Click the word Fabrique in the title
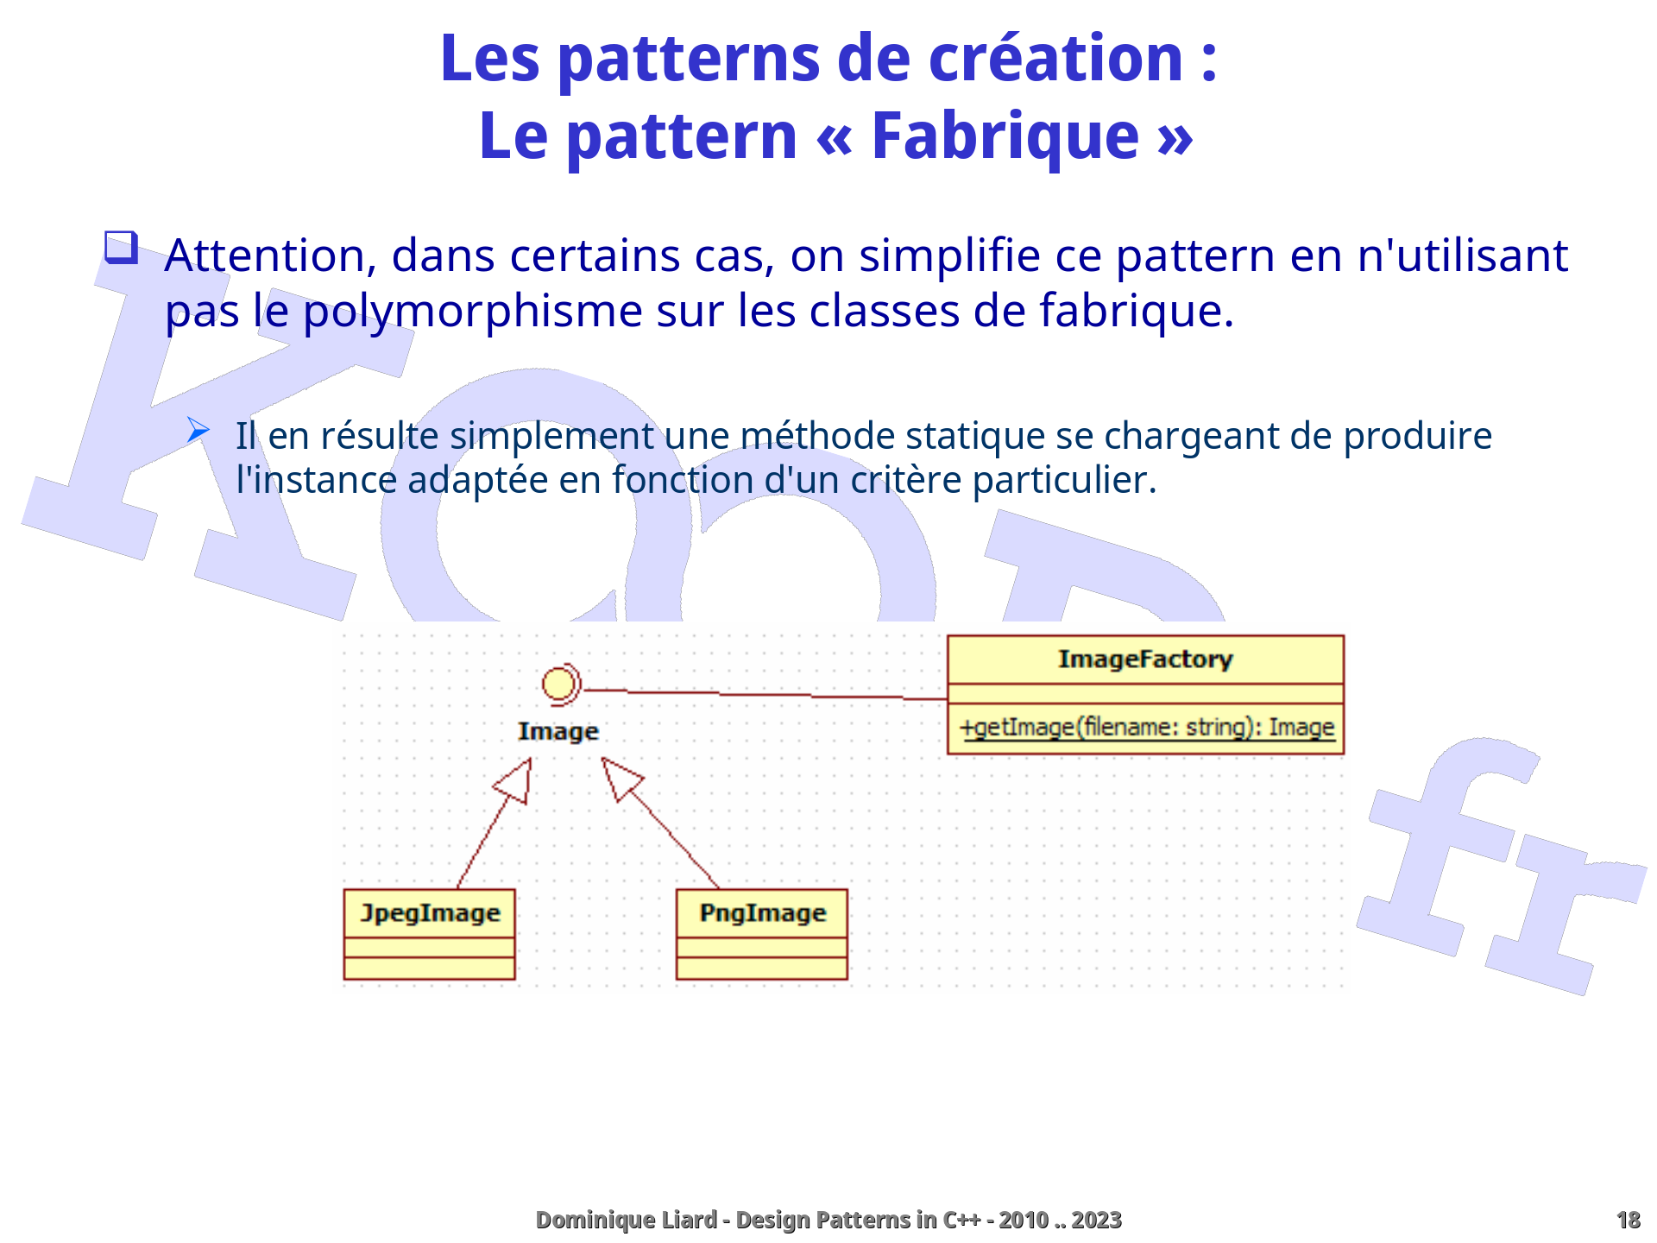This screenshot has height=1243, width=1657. (1005, 137)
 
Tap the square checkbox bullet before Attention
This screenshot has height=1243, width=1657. (121, 247)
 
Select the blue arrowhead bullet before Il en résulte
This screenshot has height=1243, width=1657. (198, 430)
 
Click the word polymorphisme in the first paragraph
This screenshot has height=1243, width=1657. (472, 311)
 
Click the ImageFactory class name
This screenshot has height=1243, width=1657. (1145, 659)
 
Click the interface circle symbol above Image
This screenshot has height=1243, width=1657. (560, 685)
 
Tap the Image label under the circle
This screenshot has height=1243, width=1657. (558, 731)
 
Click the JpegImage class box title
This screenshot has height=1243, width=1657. (430, 913)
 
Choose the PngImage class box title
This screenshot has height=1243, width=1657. (762, 913)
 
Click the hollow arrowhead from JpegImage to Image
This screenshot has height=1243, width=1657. (515, 781)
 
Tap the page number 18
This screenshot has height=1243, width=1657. (1628, 1220)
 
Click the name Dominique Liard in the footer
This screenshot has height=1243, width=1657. (626, 1220)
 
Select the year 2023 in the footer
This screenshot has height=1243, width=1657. (1096, 1220)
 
